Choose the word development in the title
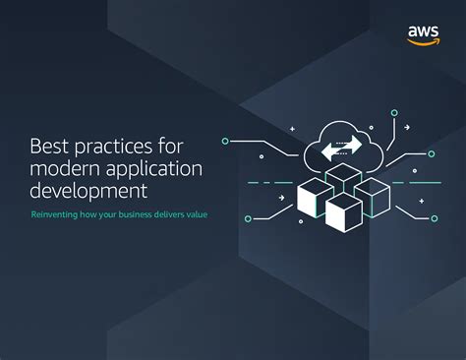[x=90, y=189]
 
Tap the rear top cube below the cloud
[x=343, y=178]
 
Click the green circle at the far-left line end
[x=225, y=141]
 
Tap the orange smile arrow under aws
[x=423, y=41]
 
